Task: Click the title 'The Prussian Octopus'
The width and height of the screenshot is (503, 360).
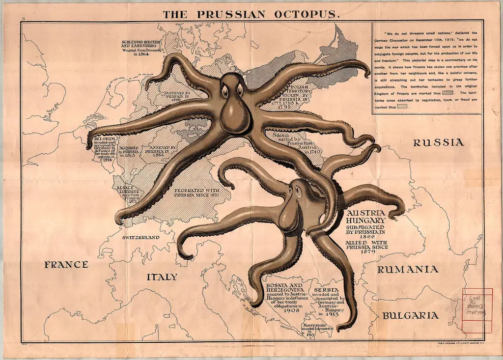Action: click(x=251, y=14)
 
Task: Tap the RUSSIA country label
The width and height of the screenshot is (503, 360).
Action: click(x=438, y=143)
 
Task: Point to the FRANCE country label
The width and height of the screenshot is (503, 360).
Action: click(x=66, y=264)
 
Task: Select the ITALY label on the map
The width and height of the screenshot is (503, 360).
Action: click(x=162, y=277)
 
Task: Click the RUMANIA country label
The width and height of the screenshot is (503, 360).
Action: click(x=407, y=269)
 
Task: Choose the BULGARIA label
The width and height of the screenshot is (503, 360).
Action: click(x=410, y=315)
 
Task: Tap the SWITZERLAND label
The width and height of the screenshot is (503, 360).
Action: click(x=141, y=237)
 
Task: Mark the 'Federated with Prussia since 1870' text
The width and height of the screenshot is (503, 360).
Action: click(x=196, y=192)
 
